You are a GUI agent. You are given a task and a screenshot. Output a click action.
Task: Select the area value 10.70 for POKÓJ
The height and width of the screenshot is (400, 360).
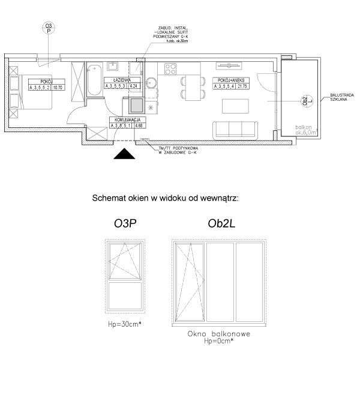pyautogui.click(x=58, y=86)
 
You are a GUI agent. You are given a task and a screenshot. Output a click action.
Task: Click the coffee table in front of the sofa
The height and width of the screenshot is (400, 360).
pyautogui.click(x=234, y=106)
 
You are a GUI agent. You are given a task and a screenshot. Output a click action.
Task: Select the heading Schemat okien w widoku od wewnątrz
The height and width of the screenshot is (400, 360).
pyautogui.click(x=165, y=197)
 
